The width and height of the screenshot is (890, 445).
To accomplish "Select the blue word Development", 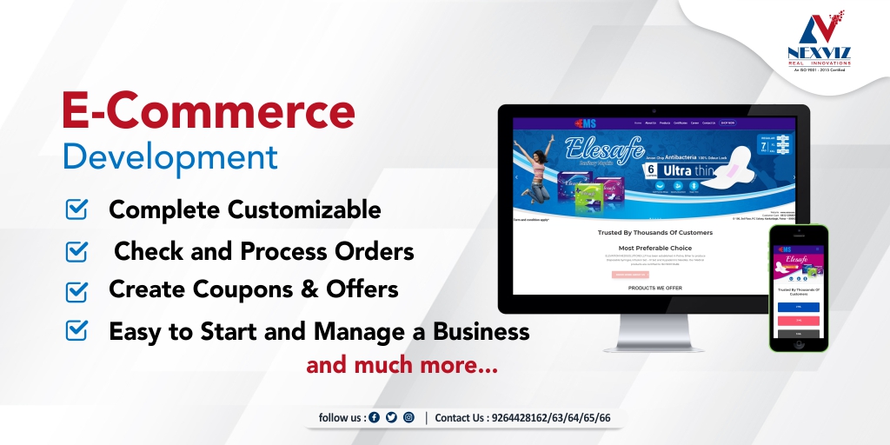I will (x=170, y=157).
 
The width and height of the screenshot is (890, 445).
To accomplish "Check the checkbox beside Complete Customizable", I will (x=77, y=209).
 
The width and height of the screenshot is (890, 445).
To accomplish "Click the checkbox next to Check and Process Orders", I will (x=77, y=251).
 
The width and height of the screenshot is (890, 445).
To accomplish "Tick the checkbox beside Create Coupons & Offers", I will (x=77, y=289).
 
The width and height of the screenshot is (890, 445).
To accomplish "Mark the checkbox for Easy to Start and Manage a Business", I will (x=77, y=329).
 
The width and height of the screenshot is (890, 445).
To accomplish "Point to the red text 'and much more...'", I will (x=402, y=366).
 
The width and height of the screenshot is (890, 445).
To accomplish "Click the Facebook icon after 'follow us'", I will (x=375, y=418).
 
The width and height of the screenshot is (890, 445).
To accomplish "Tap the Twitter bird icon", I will (x=391, y=418).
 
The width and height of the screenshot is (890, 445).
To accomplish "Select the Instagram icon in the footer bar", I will (x=408, y=418).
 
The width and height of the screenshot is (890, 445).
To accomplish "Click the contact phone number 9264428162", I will (x=521, y=418).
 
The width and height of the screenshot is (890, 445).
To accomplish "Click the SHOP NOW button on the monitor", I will (x=727, y=123).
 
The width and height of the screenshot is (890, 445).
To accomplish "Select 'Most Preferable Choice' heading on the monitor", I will (x=654, y=248).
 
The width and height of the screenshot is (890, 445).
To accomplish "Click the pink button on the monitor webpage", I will (x=630, y=275).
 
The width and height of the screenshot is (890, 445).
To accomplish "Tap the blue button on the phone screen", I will (x=799, y=307).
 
